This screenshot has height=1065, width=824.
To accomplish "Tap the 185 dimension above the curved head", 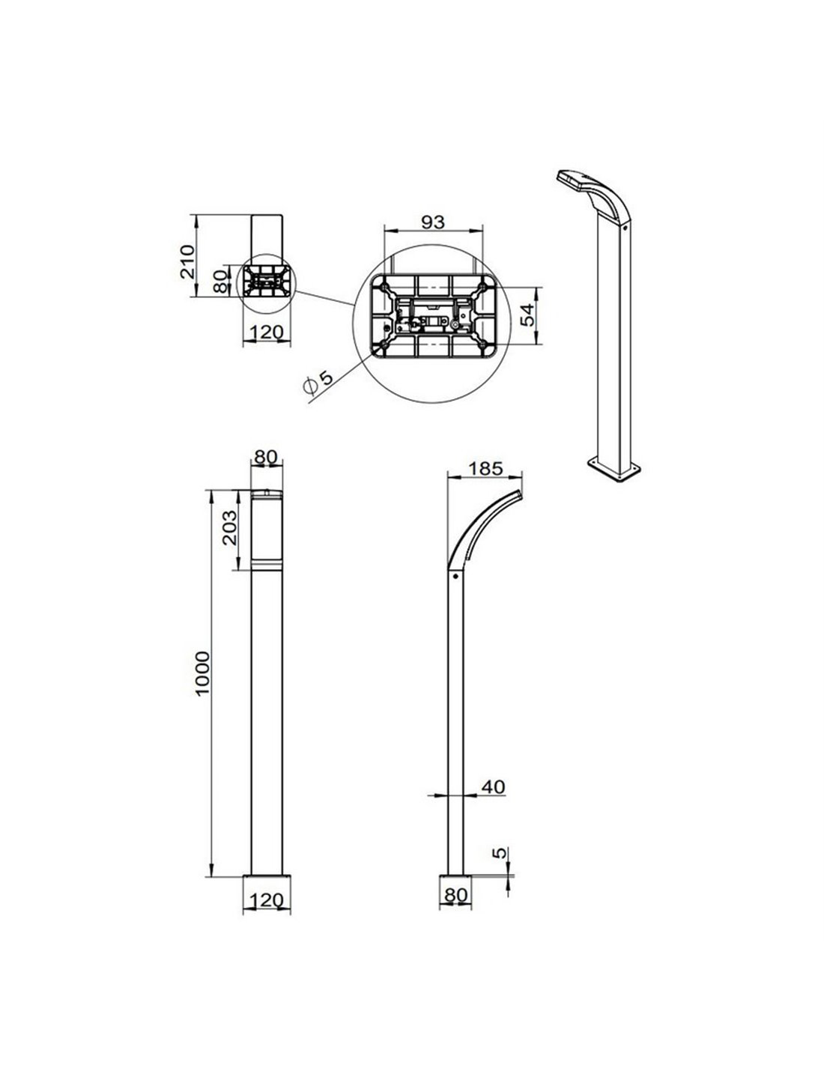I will tap(484, 470).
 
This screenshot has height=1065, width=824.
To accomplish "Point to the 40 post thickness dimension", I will tap(493, 786).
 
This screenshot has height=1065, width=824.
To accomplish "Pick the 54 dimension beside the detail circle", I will tap(529, 315).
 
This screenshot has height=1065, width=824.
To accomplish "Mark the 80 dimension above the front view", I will tap(266, 456).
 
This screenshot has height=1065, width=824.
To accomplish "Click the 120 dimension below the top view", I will tap(266, 333).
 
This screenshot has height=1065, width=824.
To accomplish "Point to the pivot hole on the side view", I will tap(453, 577).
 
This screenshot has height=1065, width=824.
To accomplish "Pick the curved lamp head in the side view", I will tap(483, 524).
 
